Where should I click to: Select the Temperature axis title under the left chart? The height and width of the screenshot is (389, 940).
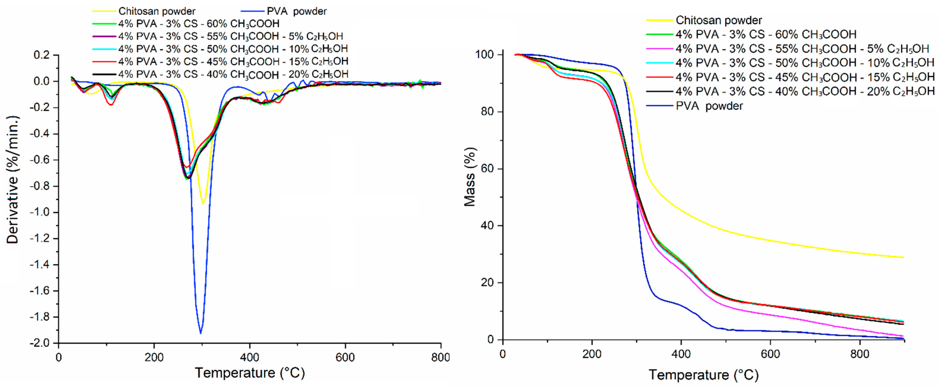(250, 373)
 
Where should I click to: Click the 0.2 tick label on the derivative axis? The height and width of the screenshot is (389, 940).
(41, 55)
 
